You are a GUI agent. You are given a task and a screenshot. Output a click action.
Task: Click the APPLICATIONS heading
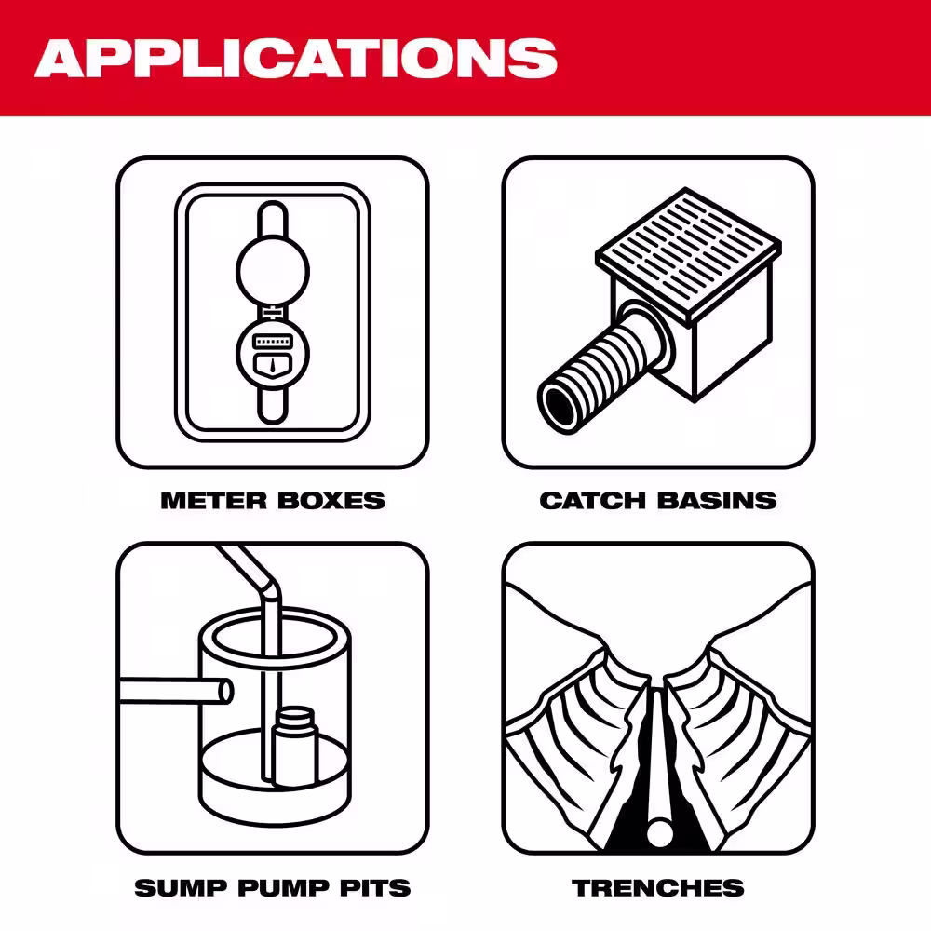[296, 58]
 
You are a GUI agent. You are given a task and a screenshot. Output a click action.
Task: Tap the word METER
[213, 501]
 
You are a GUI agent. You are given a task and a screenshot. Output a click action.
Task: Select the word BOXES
[331, 501]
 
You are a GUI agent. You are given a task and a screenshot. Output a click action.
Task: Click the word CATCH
[592, 501]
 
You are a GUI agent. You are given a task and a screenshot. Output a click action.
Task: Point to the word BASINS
[717, 501]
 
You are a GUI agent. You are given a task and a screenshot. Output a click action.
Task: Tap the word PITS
[373, 887]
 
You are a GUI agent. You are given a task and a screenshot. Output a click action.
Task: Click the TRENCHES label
[658, 887]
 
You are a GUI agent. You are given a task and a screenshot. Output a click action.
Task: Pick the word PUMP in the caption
[275, 887]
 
